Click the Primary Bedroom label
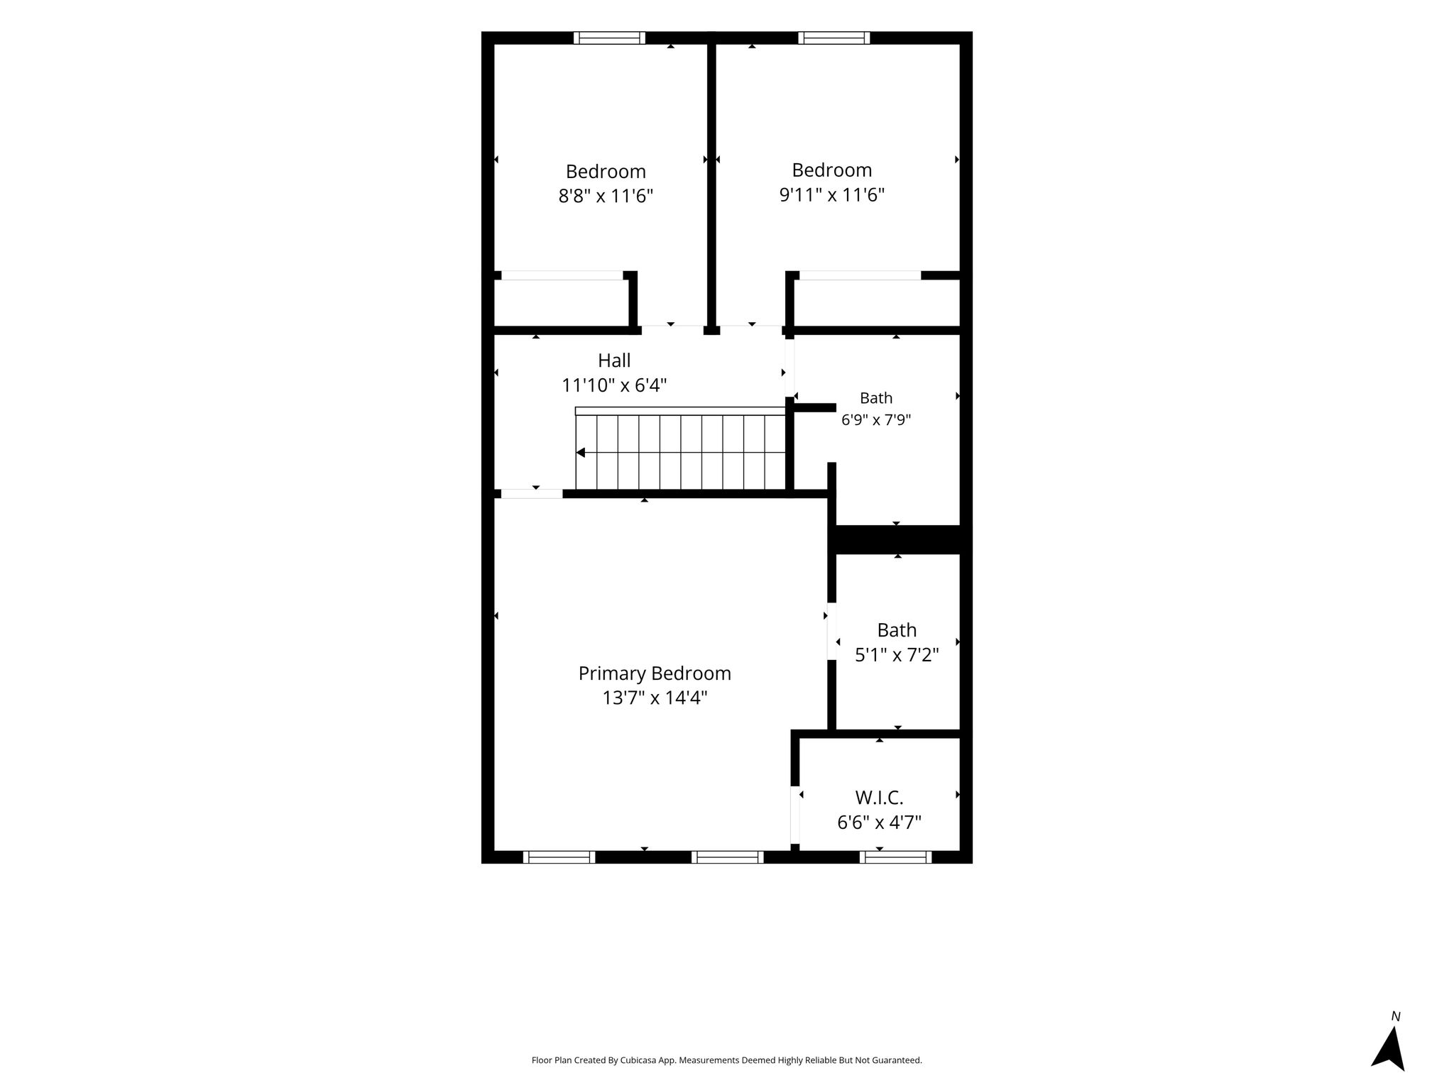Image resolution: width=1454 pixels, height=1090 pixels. (655, 673)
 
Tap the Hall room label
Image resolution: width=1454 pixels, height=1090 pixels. (614, 360)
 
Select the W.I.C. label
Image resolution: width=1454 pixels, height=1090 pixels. (880, 798)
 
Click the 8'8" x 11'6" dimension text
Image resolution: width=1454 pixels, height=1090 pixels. (606, 196)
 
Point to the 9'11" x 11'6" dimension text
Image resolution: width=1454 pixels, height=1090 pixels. (832, 194)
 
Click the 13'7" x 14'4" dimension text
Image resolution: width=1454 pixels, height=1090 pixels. (655, 698)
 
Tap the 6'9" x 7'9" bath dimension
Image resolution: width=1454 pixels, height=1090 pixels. (876, 420)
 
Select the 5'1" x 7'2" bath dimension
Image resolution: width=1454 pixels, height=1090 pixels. (897, 655)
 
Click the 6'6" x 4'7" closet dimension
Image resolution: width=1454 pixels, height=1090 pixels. (880, 823)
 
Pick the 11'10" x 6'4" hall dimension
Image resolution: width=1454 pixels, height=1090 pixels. (614, 385)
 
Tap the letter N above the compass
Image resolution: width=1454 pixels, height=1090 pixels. (1396, 1016)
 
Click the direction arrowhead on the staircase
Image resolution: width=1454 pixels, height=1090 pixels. (580, 453)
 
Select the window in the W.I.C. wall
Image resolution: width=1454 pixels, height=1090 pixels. (895, 857)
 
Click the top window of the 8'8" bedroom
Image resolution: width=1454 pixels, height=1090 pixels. (609, 38)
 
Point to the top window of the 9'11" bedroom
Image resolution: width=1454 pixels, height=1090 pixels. (833, 38)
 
